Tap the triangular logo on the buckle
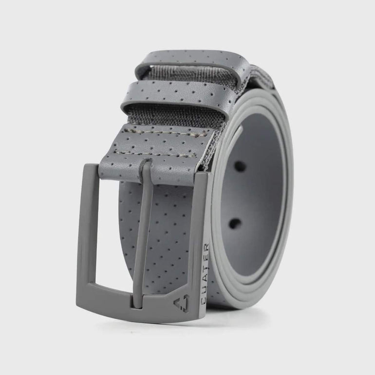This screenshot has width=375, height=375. [181, 303]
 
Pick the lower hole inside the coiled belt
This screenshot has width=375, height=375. [236, 224]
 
